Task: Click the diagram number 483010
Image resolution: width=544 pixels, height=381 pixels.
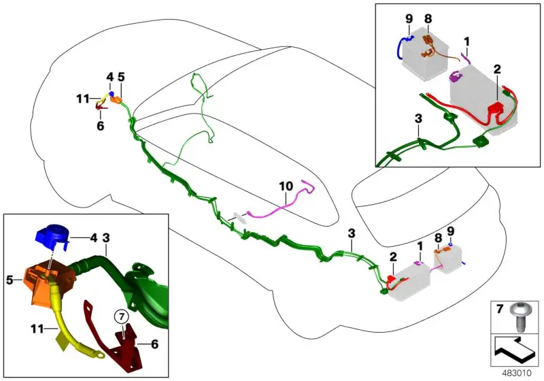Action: tap(517, 374)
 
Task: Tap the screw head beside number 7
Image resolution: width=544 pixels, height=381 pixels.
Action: tap(519, 308)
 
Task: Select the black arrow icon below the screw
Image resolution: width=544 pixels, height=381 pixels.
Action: tap(514, 350)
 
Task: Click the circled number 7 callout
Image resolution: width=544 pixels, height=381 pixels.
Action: tap(122, 316)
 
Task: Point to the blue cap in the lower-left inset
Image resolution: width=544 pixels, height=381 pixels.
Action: tap(52, 237)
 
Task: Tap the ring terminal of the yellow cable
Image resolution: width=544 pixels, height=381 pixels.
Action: tap(98, 354)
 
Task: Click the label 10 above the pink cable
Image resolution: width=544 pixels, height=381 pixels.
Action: tap(286, 186)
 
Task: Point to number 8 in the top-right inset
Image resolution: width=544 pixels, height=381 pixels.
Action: tap(428, 18)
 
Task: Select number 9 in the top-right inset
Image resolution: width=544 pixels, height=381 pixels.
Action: tap(409, 18)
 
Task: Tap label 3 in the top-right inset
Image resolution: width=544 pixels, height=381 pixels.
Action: tap(419, 118)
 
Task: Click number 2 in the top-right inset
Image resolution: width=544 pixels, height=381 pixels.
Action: tap(497, 69)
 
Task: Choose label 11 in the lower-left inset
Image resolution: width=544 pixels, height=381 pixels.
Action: tap(38, 328)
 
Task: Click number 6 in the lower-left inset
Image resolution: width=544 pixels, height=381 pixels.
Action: tap(154, 344)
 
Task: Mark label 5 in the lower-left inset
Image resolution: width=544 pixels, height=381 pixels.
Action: tap(10, 280)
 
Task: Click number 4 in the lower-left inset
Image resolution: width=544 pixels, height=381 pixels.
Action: tap(94, 238)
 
